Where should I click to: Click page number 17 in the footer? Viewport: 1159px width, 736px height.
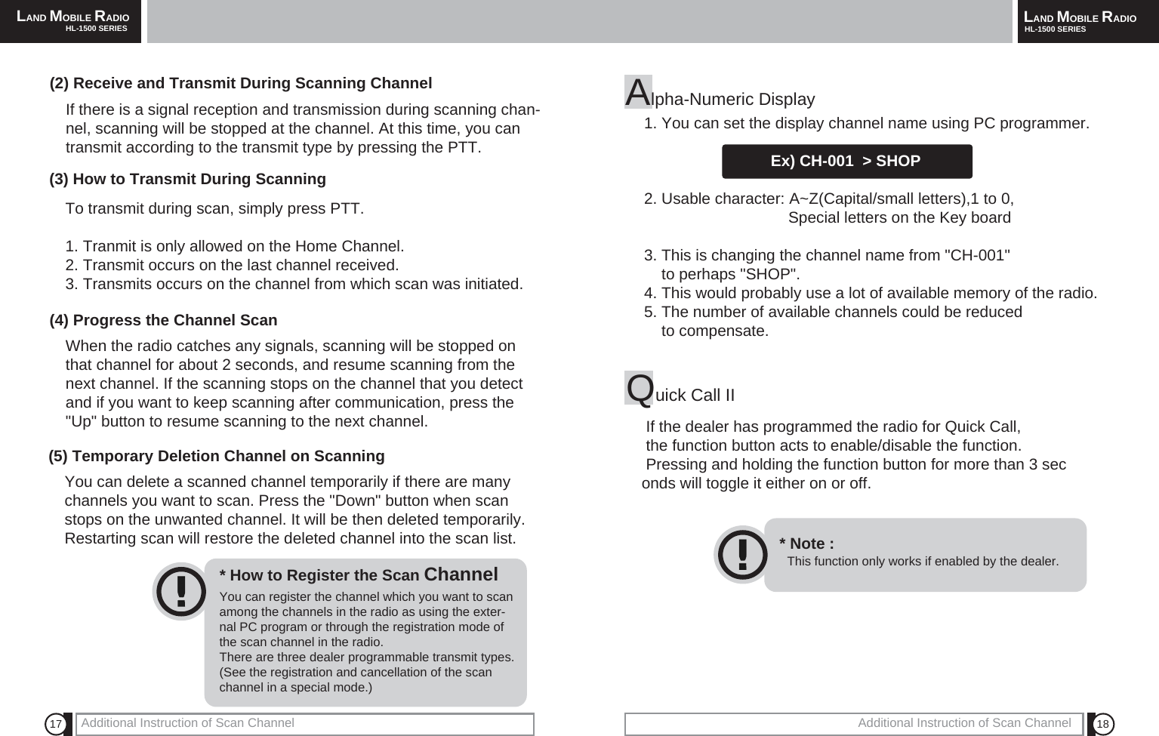click(55, 725)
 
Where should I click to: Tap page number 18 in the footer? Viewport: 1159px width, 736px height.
click(1102, 725)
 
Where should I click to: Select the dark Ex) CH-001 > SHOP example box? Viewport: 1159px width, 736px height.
click(846, 162)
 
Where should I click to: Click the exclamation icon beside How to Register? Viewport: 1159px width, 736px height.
click(180, 592)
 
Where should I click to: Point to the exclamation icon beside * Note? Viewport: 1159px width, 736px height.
click(742, 555)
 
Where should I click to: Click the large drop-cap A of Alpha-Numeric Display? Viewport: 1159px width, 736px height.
click(638, 92)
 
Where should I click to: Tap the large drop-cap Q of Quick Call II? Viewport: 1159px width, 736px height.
click(640, 388)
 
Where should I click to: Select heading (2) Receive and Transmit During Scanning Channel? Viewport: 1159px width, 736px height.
click(241, 83)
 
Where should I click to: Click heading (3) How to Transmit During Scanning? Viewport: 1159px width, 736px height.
click(187, 179)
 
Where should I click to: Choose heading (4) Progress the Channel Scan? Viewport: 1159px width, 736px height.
click(163, 320)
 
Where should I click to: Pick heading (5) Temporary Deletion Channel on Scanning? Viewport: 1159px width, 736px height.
click(217, 456)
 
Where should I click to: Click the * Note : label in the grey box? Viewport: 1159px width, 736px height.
click(806, 544)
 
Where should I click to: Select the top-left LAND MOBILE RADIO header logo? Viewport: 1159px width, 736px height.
click(72, 17)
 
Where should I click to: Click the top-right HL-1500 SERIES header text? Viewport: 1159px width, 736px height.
click(1055, 29)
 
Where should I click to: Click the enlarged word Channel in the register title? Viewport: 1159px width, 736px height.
click(461, 574)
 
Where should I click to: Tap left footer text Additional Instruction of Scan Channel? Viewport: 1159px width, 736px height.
click(187, 723)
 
